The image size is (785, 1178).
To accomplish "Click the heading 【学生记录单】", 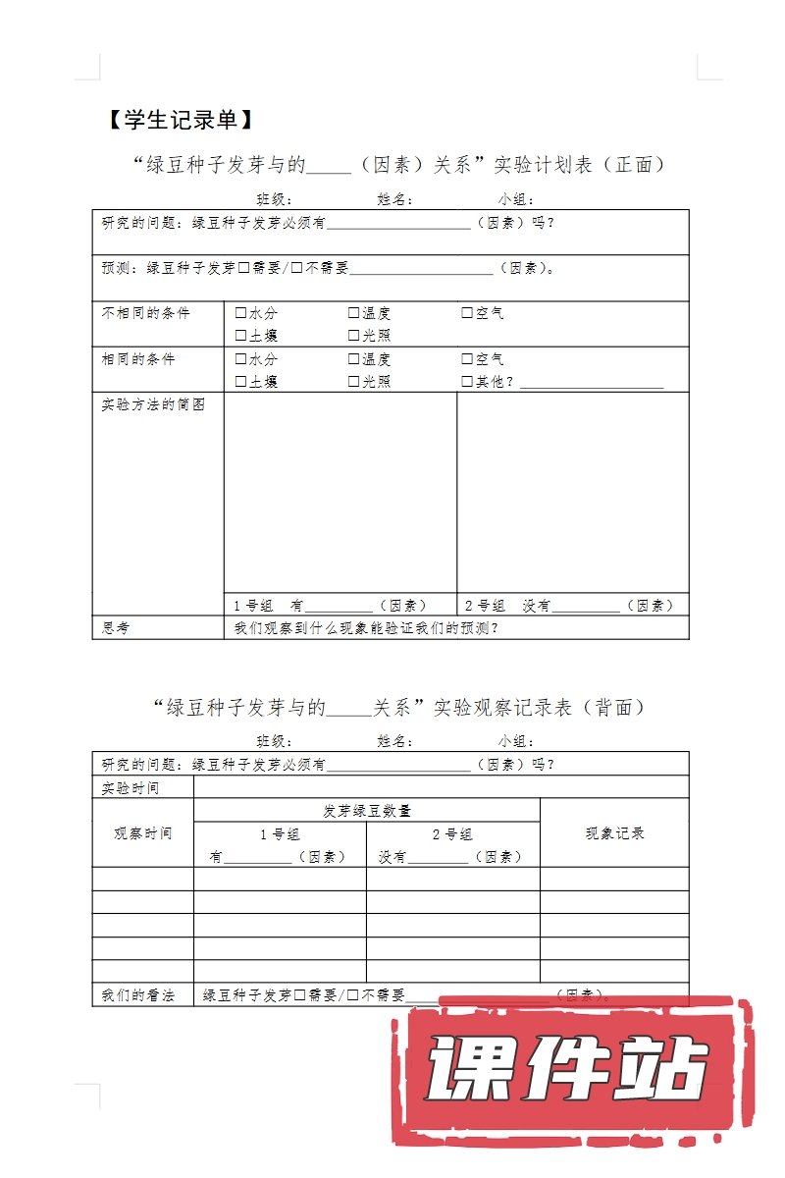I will (181, 121).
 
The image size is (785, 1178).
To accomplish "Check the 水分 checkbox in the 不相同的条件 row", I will (240, 314).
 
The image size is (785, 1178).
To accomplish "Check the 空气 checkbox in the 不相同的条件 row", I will (467, 314).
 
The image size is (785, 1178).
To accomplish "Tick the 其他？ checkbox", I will (467, 382).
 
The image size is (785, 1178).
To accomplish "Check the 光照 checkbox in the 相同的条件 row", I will (353, 382).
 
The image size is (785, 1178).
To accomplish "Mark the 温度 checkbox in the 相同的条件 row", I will (353, 359).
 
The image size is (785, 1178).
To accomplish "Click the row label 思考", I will (116, 628).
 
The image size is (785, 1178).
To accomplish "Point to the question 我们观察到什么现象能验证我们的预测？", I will (366, 628).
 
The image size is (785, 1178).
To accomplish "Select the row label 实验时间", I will (131, 787).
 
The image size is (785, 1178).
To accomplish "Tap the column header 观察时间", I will (142, 833).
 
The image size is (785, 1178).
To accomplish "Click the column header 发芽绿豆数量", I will (367, 811).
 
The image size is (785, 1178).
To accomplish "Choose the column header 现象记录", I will (614, 833).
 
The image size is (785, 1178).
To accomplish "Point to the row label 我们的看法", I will (138, 995).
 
